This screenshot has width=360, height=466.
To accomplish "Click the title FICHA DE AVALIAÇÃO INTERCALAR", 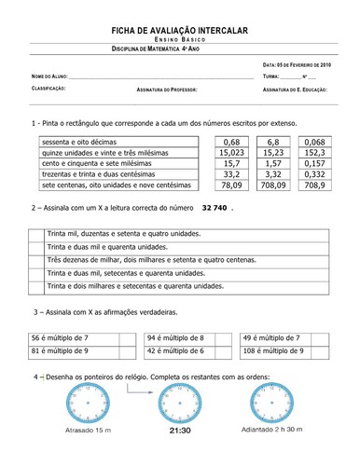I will click(181, 32).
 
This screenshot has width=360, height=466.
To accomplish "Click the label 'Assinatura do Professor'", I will click(170, 90).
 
